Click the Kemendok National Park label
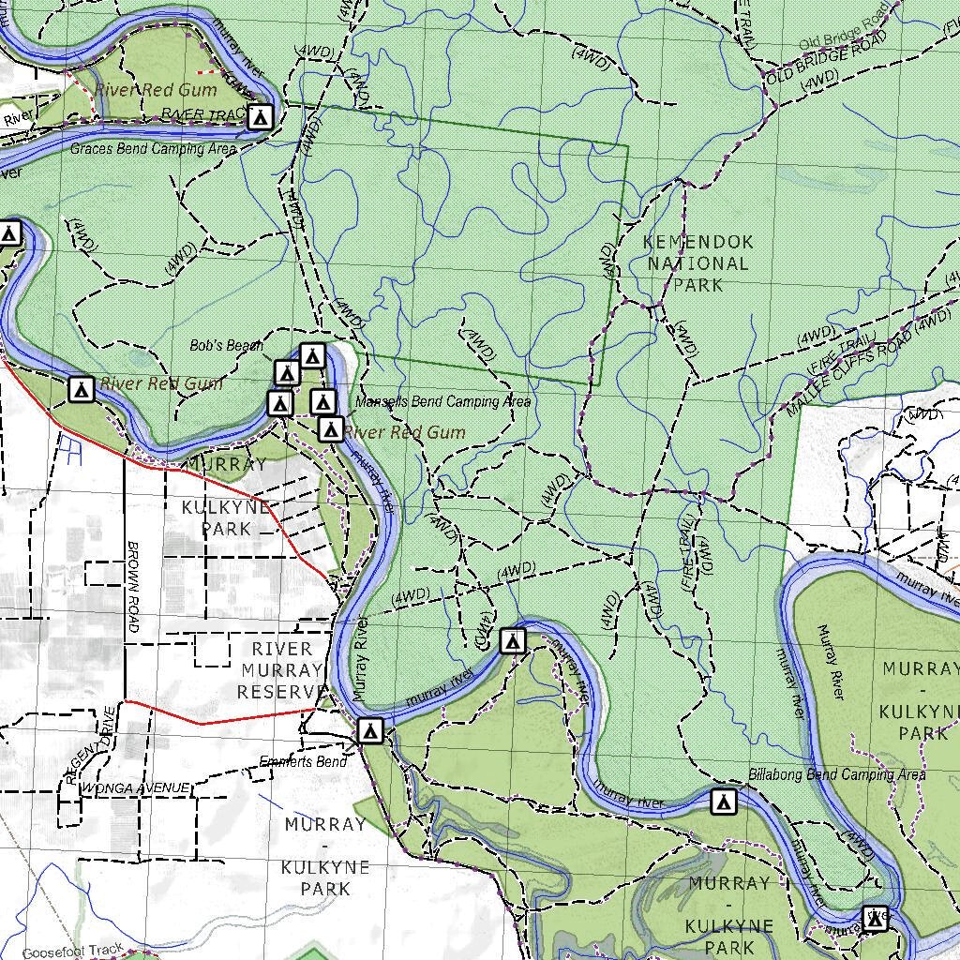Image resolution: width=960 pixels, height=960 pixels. [698, 263]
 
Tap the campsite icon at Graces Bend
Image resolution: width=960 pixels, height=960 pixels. [261, 117]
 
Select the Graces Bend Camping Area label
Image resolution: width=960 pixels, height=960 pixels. [154, 149]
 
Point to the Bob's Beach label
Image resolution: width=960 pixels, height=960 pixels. [226, 346]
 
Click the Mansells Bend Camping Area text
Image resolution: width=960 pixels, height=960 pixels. [442, 402]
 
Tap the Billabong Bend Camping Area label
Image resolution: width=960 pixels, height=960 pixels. [836, 775]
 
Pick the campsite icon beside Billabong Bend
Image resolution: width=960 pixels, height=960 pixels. [723, 802]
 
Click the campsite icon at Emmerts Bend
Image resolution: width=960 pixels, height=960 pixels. [370, 730]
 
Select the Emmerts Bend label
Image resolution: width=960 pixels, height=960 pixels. [303, 761]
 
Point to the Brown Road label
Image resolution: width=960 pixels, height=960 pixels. [133, 586]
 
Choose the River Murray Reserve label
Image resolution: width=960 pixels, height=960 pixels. [279, 670]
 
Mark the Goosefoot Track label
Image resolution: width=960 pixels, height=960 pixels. [73, 952]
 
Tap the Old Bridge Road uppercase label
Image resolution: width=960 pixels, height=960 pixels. [825, 62]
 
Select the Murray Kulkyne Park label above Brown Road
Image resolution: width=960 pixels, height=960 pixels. [227, 496]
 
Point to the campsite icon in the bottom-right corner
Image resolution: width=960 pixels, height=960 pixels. [876, 920]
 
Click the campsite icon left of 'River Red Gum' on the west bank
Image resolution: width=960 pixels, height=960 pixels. [82, 388]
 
